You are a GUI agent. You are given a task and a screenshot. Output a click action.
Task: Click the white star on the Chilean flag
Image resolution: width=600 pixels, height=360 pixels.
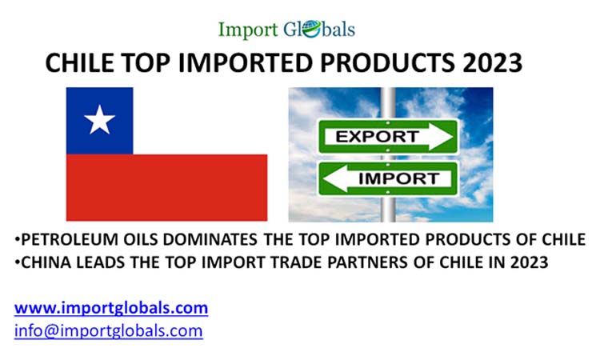(x=99, y=121)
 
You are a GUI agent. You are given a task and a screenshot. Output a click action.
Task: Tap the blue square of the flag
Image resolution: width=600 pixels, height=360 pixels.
(x=99, y=121)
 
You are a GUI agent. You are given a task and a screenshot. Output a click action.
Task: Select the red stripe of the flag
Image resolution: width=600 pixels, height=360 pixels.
(x=166, y=187)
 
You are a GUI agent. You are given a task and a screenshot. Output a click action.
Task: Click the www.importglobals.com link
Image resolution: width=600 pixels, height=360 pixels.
(x=111, y=307)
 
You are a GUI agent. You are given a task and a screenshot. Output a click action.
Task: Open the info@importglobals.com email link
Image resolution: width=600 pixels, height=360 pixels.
(x=108, y=330)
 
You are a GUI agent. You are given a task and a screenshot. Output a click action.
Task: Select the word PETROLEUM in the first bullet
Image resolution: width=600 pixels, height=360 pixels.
(x=62, y=240)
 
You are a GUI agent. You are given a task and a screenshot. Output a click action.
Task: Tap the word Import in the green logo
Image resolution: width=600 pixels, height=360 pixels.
(x=247, y=30)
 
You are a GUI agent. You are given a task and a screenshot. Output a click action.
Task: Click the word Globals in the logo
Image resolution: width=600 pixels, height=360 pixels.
(x=318, y=30)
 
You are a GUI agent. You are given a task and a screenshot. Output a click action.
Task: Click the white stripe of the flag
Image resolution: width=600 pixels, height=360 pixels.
(x=200, y=121)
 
